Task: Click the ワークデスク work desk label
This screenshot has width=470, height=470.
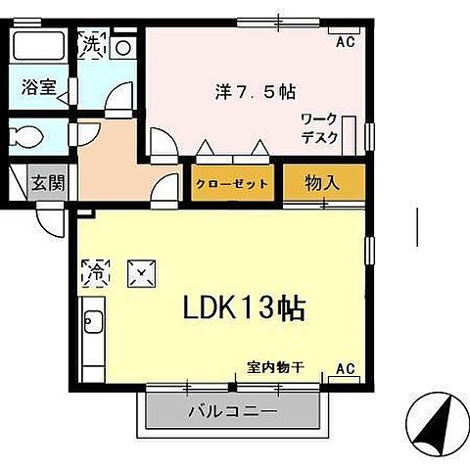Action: click(318, 128)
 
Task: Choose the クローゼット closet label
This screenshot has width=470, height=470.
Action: click(231, 183)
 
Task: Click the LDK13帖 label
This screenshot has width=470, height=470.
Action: click(245, 308)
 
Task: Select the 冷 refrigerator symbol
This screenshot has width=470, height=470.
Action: click(97, 270)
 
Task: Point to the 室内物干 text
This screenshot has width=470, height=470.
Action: click(275, 368)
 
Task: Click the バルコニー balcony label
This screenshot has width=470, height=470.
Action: click(233, 411)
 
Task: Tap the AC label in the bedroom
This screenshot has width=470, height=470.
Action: click(345, 42)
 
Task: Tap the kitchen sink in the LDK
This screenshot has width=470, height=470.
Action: click(91, 322)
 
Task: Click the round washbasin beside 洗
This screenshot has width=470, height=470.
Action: click(123, 47)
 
